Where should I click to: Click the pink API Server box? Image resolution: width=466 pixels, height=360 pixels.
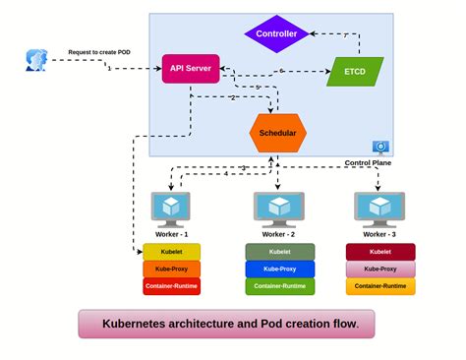point(190,69)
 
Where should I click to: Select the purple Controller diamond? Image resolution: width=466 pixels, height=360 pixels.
point(276,32)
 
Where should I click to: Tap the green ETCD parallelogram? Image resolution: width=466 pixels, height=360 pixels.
point(354,71)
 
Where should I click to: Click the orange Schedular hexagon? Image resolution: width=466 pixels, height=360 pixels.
point(277,132)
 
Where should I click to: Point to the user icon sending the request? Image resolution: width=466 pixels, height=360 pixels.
point(35,61)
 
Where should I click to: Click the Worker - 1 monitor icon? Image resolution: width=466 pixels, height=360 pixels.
point(171,208)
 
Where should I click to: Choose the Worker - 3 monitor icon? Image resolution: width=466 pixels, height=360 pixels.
point(379,208)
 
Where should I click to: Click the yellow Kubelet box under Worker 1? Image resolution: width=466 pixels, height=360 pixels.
point(171,252)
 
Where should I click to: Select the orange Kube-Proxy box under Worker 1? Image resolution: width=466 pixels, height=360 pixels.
point(171,269)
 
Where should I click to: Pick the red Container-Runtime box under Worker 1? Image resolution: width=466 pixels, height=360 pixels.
point(171,286)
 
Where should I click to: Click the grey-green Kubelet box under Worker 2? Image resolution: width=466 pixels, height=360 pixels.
point(279,252)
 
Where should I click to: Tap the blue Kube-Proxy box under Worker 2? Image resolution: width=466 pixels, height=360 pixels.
point(279,269)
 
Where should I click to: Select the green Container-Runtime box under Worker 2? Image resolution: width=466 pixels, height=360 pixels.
point(279,286)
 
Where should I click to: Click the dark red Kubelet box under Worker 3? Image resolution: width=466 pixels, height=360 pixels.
point(379,252)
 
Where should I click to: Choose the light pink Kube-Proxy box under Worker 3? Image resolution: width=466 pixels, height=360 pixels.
point(379,269)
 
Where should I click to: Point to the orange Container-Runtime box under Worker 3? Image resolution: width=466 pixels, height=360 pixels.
point(379,286)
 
